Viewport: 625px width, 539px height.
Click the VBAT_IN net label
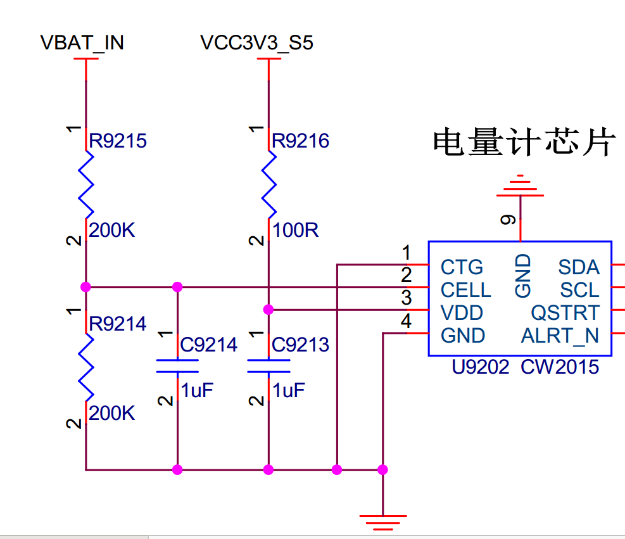click(82, 42)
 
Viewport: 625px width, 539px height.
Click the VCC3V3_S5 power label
click(256, 42)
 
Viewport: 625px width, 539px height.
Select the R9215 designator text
click(118, 141)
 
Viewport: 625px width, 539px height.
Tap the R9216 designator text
click(301, 141)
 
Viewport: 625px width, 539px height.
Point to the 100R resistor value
click(296, 231)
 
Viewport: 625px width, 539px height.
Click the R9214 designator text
click(118, 324)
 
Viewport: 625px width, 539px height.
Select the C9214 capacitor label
click(208, 345)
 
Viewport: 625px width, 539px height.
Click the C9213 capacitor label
click(300, 345)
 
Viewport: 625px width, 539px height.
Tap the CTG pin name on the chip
click(462, 267)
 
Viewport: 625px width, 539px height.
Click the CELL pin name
click(466, 290)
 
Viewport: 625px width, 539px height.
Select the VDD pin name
click(462, 313)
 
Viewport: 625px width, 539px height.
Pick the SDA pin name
click(578, 267)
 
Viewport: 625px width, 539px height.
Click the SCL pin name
click(579, 290)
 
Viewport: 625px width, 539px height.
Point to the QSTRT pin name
click(565, 313)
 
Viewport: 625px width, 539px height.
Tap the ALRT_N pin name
click(560, 336)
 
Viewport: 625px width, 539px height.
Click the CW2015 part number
click(560, 367)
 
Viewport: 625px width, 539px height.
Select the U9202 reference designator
click(481, 367)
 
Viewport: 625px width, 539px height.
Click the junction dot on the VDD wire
click(268, 310)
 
